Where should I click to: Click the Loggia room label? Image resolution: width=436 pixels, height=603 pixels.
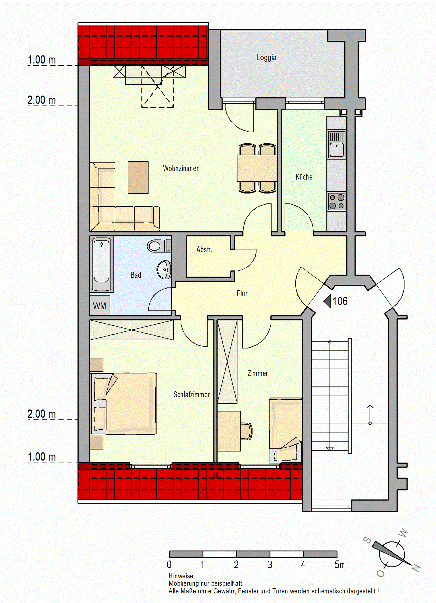(266, 57)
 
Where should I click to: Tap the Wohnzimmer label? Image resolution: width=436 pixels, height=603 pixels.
(181, 168)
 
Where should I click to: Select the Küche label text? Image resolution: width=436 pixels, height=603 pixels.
(304, 177)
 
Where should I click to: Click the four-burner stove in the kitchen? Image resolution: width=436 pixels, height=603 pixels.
(337, 201)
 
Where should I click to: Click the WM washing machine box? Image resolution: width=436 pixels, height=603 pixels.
(100, 306)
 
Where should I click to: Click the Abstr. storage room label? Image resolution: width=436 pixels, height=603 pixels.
(204, 250)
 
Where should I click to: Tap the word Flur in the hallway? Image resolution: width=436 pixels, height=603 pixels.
(242, 294)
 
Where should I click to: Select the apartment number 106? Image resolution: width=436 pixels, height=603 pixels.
(340, 301)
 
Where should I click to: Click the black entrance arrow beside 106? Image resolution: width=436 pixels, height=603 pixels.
(327, 301)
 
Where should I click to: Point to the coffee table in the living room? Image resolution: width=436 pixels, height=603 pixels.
(138, 177)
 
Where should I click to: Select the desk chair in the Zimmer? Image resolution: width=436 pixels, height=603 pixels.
(247, 431)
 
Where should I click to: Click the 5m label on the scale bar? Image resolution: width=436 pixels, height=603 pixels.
(339, 564)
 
